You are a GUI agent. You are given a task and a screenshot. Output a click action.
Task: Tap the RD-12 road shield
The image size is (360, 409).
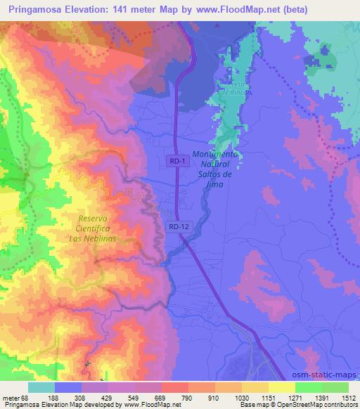click(x=179, y=226)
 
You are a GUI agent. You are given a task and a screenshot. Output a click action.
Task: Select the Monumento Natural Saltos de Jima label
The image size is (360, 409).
click(x=217, y=168)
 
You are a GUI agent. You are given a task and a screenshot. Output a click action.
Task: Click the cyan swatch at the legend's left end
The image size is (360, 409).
click(x=41, y=387)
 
